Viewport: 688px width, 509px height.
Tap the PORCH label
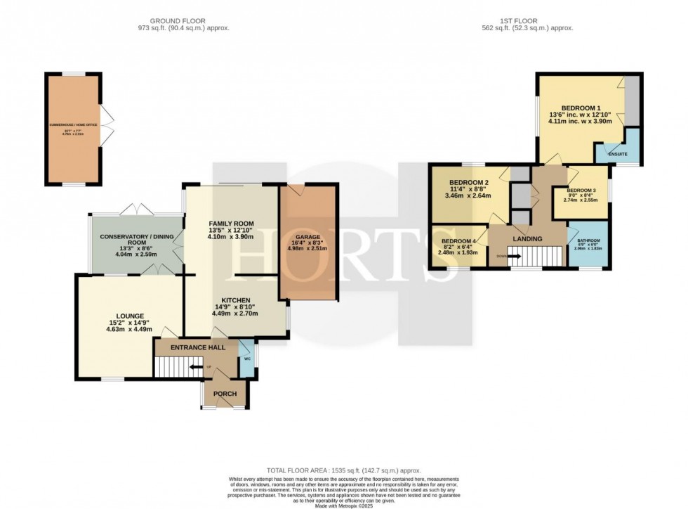click(x=225, y=394)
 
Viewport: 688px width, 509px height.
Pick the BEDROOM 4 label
click(x=458, y=241)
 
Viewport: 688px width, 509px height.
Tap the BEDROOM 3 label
click(x=580, y=190)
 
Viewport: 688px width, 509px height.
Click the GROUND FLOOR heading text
click(x=184, y=20)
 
